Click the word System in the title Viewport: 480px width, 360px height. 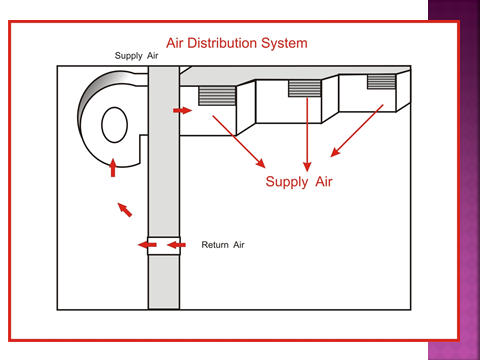284,43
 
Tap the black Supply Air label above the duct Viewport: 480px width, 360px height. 136,56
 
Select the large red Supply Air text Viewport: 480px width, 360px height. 299,182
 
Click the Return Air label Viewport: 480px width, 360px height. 223,245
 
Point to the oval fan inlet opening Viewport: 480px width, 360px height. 114,125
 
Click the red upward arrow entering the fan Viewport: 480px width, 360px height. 113,168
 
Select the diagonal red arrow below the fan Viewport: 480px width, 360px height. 125,210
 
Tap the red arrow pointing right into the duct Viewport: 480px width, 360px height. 183,110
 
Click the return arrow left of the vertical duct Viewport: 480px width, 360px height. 147,245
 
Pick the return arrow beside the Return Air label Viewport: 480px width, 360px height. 176,245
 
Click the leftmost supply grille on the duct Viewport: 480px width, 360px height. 217,96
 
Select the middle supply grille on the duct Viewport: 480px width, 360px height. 305,89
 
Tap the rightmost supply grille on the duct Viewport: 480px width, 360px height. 381,82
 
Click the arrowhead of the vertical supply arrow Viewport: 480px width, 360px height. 307,167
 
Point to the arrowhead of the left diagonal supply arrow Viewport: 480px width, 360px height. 261,163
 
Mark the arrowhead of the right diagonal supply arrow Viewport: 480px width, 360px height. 335,152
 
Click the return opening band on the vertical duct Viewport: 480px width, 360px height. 164,246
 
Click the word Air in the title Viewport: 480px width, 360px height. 175,43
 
